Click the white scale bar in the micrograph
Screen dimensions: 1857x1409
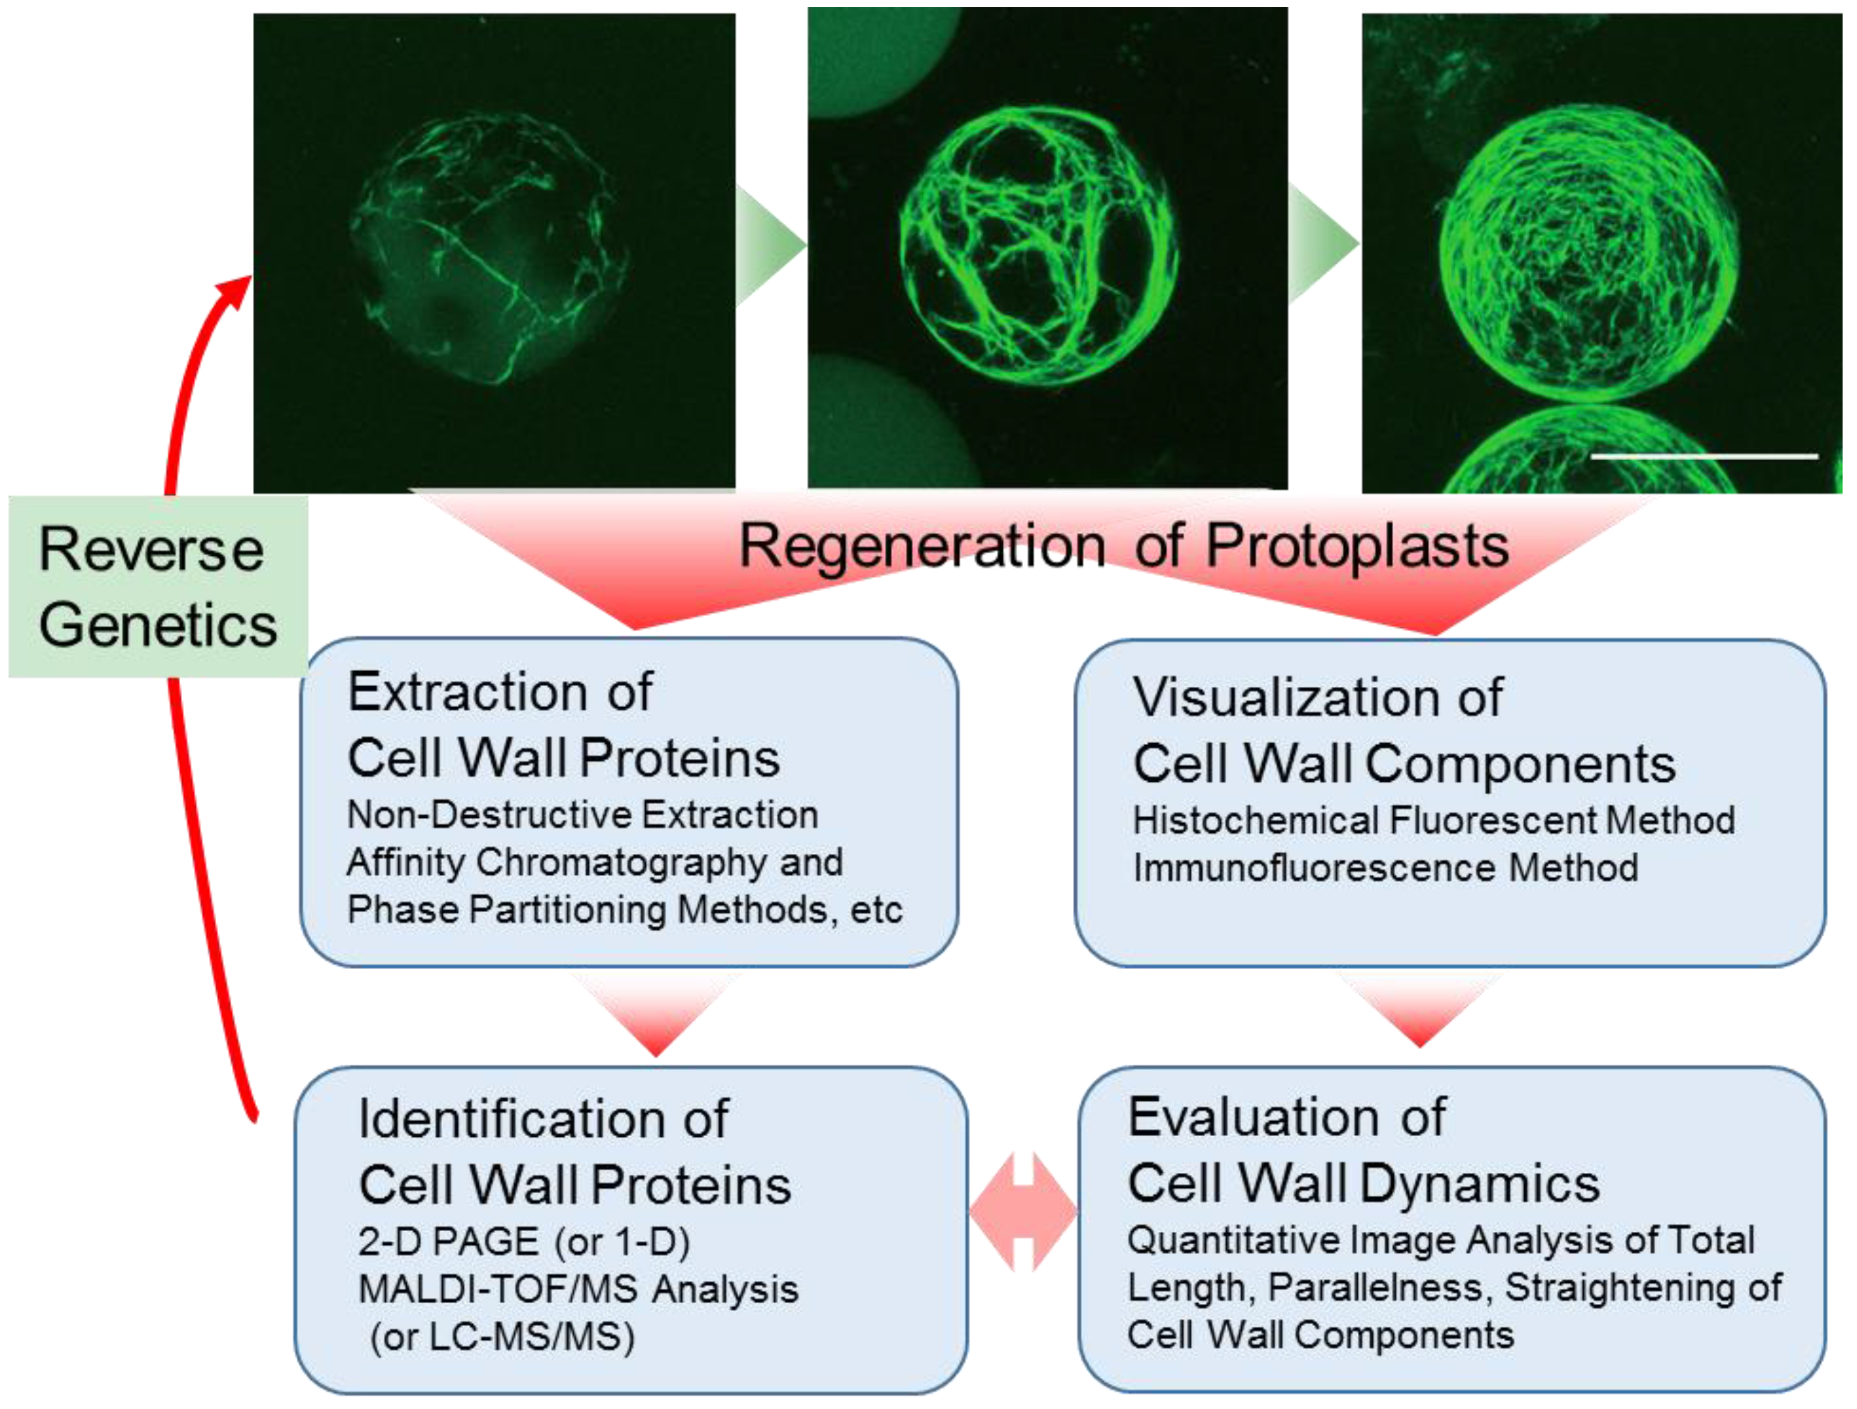tap(1704, 457)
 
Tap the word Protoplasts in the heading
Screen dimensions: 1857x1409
tap(1358, 546)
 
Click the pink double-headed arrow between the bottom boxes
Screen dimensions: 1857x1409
tap(1023, 1212)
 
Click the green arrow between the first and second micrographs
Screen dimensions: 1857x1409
tap(771, 245)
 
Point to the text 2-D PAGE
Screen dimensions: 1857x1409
tap(448, 1241)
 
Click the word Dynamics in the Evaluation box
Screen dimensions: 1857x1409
tap(1480, 1185)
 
